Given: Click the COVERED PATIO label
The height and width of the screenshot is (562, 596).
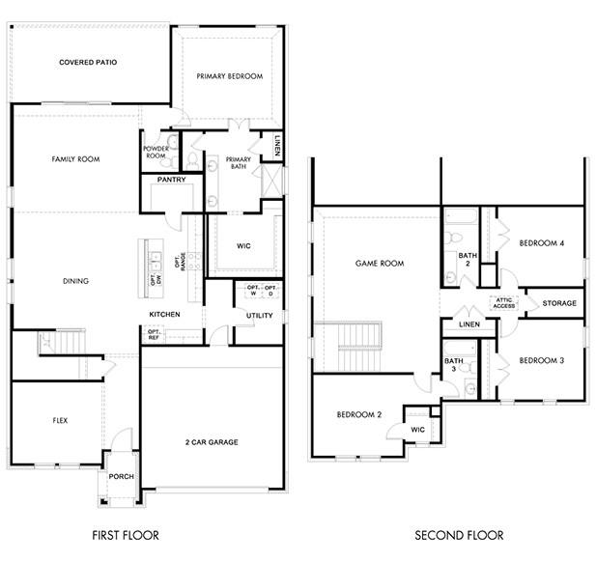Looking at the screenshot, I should coord(88,63).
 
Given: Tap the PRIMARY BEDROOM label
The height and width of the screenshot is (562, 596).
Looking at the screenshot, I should coord(229,76).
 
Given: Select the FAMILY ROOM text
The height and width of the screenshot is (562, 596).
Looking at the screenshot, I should coord(75,159).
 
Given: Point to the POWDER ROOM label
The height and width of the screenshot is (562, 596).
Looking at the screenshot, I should coord(156,152).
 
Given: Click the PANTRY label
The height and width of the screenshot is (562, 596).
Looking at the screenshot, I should coord(170,180).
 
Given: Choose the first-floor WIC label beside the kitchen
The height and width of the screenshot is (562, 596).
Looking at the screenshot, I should coord(244,245).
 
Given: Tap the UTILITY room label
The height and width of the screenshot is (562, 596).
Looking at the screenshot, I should coord(259,316).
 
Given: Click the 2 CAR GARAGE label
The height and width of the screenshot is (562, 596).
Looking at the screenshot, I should coord(211,442).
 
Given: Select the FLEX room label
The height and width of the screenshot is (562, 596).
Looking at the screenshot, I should coord(60,421).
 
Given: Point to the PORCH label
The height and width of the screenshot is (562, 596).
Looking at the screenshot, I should coord(121,477).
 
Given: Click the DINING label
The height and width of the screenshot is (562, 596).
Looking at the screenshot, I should coord(75,282).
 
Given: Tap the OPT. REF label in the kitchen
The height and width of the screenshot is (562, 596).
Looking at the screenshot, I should coord(155,334).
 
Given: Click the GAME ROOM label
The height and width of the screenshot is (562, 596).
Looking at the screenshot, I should coord(379,263).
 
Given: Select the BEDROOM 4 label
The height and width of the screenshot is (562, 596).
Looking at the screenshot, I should coord(541,243).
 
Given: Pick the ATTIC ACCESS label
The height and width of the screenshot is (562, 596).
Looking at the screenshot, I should coord(505,303).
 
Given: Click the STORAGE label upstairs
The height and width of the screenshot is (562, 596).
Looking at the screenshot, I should coord(558,303).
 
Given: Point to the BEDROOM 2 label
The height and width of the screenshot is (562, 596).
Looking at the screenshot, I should coord(359,415).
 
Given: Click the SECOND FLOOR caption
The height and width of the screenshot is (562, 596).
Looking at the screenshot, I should coord(459,535).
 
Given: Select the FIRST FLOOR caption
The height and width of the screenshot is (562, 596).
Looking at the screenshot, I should coord(126,535).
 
